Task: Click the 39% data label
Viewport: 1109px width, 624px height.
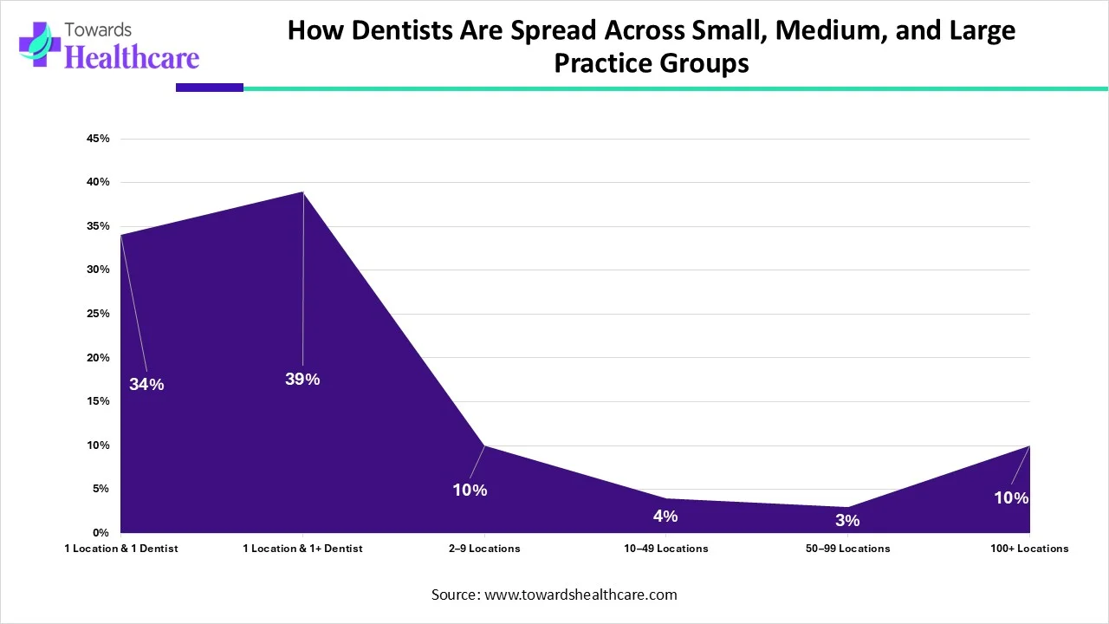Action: click(x=302, y=379)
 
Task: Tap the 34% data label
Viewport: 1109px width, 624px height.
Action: click(x=146, y=384)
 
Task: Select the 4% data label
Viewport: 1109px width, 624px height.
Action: click(x=665, y=516)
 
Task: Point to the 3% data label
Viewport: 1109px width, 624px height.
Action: click(x=847, y=520)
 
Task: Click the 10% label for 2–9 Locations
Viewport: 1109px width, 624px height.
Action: click(x=470, y=490)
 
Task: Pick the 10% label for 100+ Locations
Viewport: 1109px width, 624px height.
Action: click(x=1011, y=497)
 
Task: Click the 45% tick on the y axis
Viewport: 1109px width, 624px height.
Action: click(x=98, y=139)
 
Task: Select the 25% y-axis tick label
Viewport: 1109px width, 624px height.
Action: click(x=98, y=314)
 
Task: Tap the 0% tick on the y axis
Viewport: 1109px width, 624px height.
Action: click(x=101, y=532)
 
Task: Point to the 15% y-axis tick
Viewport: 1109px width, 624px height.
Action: click(x=98, y=401)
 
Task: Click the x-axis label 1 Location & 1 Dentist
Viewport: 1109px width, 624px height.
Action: click(x=121, y=548)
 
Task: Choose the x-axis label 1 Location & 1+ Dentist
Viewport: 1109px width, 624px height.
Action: click(x=302, y=548)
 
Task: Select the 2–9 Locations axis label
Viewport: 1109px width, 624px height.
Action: click(x=484, y=548)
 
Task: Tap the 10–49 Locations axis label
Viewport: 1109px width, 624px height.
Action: click(x=665, y=548)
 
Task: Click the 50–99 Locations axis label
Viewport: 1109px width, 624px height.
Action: click(x=847, y=548)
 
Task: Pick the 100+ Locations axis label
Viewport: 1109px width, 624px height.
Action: click(x=1029, y=548)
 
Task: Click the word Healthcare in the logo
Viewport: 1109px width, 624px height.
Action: click(x=132, y=57)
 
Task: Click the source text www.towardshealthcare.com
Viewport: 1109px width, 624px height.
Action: click(x=580, y=595)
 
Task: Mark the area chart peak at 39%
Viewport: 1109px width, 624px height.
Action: click(x=302, y=192)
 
